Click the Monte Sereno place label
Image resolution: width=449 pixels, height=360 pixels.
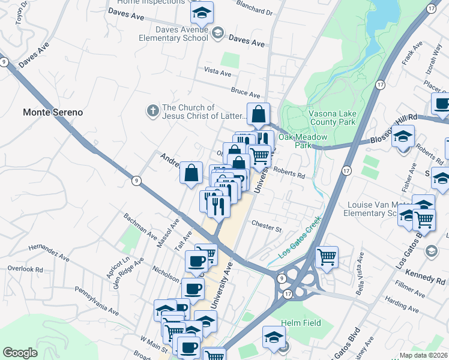52,112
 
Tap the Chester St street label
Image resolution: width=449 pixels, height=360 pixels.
267,229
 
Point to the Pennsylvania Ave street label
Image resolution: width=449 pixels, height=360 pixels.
97,301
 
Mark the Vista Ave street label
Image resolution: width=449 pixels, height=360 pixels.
217,72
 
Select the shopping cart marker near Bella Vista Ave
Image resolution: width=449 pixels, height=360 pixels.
327,257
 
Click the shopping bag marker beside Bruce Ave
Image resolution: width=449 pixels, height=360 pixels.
258,113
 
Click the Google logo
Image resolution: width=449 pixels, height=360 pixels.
20,353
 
